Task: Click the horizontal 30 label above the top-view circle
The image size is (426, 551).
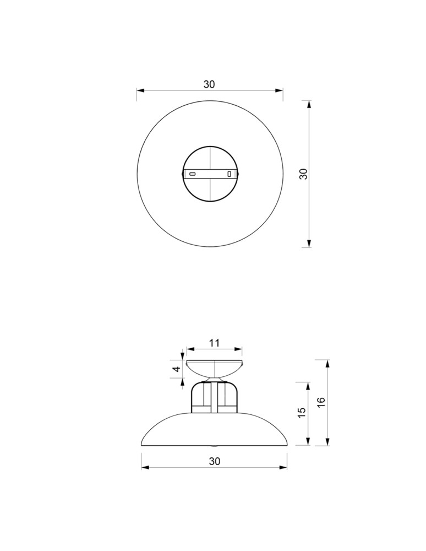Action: pos(209,84)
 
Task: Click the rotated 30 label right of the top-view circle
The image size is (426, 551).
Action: pos(303,174)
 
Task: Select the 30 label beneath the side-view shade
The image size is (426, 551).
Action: pos(215,461)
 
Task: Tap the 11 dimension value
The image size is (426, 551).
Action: pos(214,343)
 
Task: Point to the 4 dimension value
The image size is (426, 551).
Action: pos(177,369)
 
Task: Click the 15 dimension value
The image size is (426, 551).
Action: pos(302,413)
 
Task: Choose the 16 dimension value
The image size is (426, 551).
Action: pos(321,402)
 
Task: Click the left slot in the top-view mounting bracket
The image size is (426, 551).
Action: pos(192,174)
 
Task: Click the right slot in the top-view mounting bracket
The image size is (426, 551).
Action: pos(230,174)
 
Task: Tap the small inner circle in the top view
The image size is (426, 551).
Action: pos(211,174)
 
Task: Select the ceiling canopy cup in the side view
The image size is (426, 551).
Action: pos(214,369)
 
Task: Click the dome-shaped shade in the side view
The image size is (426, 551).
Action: pos(214,430)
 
